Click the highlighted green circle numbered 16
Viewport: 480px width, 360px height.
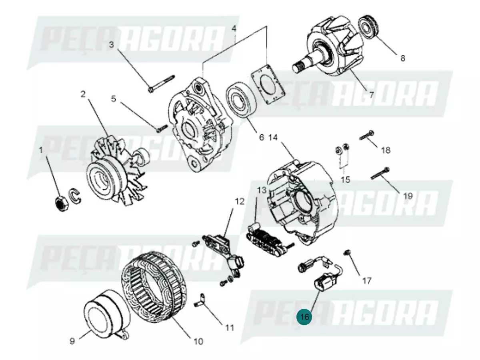[305, 317]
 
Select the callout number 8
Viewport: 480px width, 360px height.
[402, 58]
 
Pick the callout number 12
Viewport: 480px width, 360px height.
[239, 202]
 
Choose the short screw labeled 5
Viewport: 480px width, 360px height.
[161, 128]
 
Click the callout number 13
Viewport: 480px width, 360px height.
[261, 190]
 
